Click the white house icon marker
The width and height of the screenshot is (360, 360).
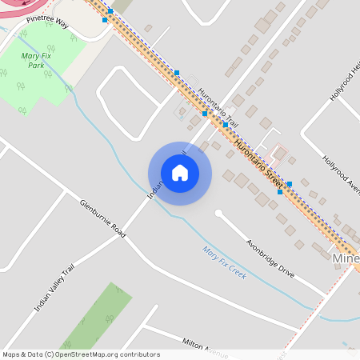coord(180,173)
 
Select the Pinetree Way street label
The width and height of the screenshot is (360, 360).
coord(47,22)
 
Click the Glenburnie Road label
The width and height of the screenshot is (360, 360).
coord(102,217)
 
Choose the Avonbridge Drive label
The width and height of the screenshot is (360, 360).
coord(270,257)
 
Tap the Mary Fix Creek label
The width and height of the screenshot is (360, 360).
coord(224,262)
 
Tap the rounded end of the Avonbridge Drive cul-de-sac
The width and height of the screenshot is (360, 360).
coord(218,214)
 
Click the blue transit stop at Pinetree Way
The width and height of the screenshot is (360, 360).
coord(105,20)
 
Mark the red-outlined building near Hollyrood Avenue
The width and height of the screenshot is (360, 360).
coord(278,152)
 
